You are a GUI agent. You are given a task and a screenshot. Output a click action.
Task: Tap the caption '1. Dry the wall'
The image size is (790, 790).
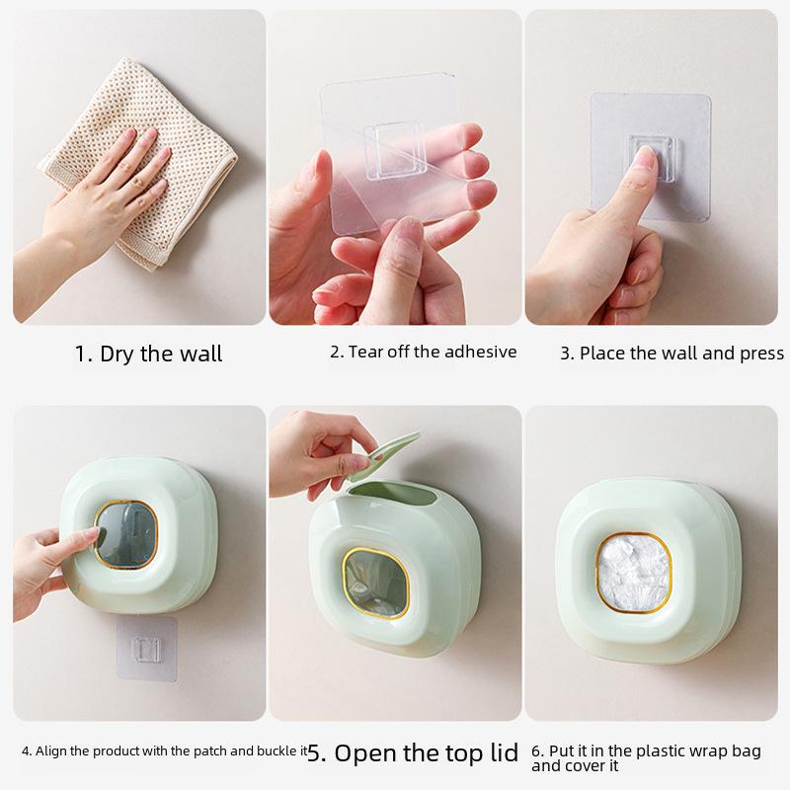click(148, 354)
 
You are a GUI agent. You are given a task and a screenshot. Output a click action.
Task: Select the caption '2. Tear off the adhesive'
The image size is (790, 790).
click(424, 352)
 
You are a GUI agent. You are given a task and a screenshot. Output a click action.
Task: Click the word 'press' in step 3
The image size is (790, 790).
click(761, 354)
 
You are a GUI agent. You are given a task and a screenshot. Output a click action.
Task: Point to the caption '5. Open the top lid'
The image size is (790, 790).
click(413, 753)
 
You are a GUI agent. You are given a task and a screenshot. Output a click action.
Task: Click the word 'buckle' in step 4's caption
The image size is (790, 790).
click(271, 751)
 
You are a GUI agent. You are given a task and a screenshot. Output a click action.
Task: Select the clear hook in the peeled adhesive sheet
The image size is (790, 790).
click(395, 150)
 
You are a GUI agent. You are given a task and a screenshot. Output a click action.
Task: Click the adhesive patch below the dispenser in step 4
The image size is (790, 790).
click(146, 649)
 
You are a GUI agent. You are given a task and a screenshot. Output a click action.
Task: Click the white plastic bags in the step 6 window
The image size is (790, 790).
click(633, 573)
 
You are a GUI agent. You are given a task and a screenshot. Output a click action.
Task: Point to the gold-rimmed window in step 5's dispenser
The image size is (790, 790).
click(376, 583)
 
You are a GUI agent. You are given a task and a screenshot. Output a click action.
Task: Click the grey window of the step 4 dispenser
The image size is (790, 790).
click(126, 534)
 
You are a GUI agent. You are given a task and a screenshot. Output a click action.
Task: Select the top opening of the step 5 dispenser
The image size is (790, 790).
click(393, 493)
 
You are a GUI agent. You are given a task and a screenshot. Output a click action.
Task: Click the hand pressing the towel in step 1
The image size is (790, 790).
click(106, 197)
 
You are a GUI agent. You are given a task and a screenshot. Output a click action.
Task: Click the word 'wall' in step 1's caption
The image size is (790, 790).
click(201, 354)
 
